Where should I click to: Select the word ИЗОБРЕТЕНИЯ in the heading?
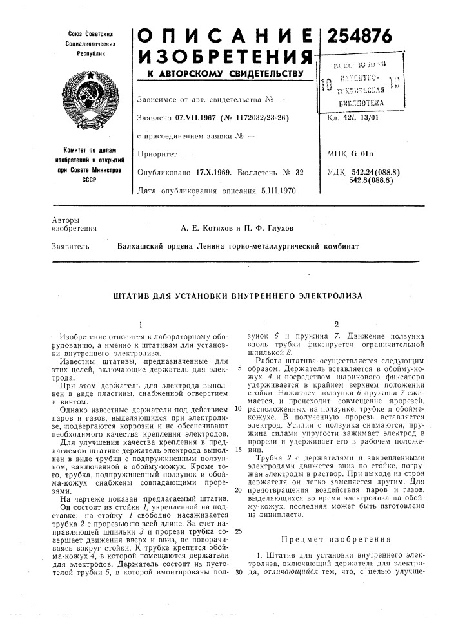coord(219,55)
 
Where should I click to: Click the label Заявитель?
coord(67,246)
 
